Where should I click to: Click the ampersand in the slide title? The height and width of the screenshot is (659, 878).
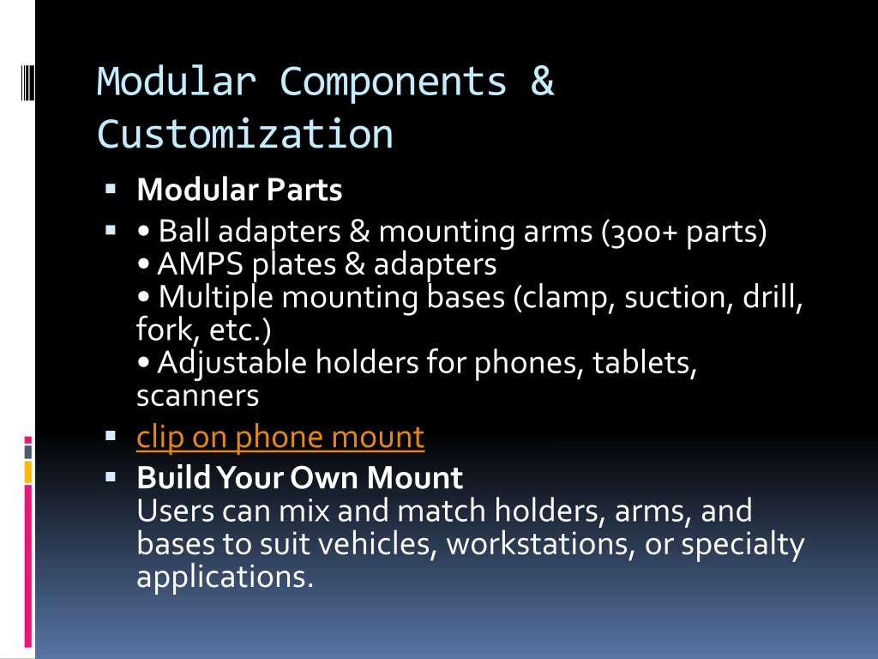[x=542, y=81]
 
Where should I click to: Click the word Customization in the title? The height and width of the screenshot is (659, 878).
[x=245, y=134]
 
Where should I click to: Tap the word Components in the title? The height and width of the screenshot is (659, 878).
[x=393, y=82]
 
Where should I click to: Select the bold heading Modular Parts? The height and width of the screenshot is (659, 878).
[x=239, y=190]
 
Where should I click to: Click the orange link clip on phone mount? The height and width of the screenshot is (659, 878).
[x=280, y=437]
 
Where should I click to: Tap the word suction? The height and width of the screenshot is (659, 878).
[x=679, y=297]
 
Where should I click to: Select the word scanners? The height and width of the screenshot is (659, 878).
[x=198, y=396]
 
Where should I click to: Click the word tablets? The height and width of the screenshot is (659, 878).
[x=645, y=363]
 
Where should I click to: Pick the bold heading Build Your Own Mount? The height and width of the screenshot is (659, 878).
[x=299, y=477]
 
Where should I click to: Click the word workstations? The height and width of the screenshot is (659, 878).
[x=540, y=544]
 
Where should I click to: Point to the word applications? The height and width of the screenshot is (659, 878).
[x=225, y=577]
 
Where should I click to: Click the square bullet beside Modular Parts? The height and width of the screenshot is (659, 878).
[x=111, y=189]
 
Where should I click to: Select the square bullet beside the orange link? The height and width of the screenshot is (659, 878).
[x=111, y=436]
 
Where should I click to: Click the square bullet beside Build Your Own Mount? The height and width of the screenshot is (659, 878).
[x=111, y=477]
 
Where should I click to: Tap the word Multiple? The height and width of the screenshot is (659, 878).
[x=215, y=297]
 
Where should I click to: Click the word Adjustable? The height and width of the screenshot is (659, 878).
[x=232, y=363]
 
